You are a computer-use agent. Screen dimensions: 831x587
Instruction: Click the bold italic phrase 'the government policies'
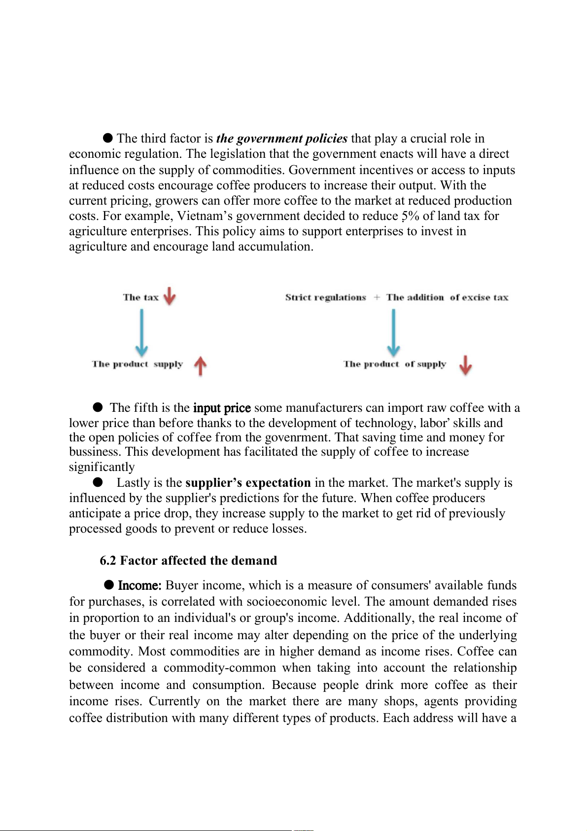point(281,139)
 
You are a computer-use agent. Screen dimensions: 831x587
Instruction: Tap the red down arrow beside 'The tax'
point(170,296)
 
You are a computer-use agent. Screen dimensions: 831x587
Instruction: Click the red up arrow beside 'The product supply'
point(200,365)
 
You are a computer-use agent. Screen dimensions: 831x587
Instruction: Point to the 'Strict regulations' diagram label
point(325,297)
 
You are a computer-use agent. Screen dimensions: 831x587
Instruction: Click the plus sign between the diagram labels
point(377,297)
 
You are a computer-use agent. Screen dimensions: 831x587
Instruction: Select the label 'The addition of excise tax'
point(447,297)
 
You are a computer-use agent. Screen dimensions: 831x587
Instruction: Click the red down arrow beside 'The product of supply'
point(465,365)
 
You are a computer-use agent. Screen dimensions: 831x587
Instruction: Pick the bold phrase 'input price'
point(222,408)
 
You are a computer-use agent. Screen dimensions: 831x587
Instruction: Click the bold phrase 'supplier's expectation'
point(248,482)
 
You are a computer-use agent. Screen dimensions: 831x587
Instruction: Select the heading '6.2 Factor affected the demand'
point(188,560)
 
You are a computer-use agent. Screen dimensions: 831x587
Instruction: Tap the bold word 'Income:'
point(139,585)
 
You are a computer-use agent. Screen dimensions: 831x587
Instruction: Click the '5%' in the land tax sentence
point(410,216)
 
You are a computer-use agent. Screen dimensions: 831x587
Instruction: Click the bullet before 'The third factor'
point(108,138)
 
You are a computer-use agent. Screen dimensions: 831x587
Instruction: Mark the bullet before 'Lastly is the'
point(98,481)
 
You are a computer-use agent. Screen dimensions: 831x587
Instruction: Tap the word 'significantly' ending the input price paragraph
point(102,467)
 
